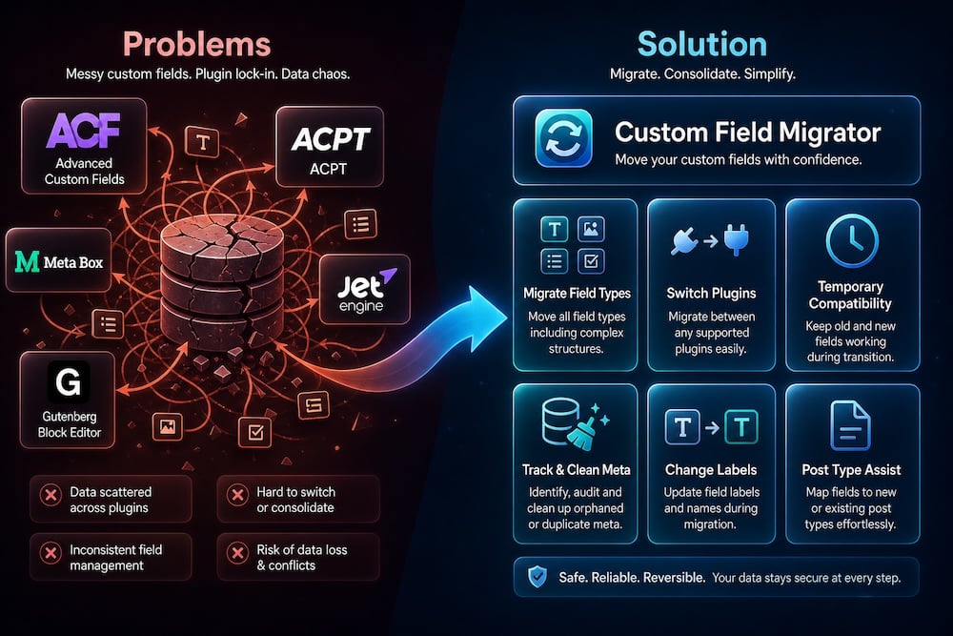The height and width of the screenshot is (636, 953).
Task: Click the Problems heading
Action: point(197,45)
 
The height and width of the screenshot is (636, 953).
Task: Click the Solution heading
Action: point(702,45)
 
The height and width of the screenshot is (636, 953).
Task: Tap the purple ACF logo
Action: point(83,130)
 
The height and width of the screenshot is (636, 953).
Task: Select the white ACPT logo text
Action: point(330,139)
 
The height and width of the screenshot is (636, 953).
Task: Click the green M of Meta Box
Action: point(27,262)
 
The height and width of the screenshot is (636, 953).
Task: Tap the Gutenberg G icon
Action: point(68,381)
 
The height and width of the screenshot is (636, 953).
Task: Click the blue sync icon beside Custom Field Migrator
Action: point(563,138)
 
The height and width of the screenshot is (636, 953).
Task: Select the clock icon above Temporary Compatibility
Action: point(851,240)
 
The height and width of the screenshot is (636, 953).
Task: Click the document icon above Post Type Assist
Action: point(850,425)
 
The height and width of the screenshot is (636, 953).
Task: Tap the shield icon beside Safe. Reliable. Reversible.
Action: point(537,577)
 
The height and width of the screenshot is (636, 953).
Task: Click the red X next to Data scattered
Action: point(51,495)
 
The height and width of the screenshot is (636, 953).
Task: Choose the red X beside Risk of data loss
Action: point(237,553)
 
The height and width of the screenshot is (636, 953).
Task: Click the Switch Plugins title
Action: point(711,293)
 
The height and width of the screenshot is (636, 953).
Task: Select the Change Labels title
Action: point(711,469)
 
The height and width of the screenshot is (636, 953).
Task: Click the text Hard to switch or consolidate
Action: point(295,500)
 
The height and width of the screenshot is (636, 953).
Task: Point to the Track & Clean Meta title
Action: point(576,469)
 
